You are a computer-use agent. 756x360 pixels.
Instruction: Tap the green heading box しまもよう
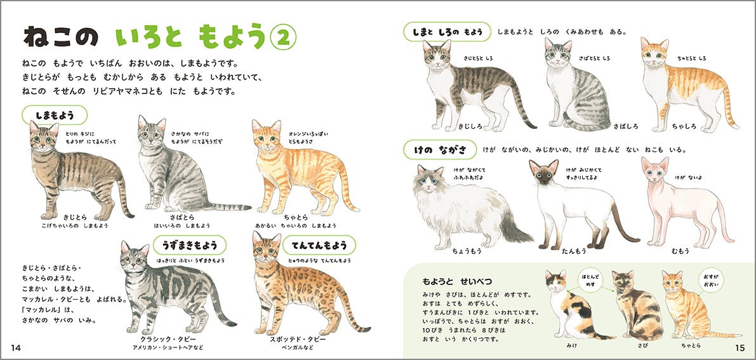[55, 116]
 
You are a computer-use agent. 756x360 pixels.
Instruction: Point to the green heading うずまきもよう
[190, 245]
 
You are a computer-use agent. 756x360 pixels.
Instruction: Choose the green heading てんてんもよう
[319, 245]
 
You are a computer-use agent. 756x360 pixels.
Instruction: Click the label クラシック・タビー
[167, 339]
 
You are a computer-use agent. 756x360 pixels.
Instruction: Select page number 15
[740, 348]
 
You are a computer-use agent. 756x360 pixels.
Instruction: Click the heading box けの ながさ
[440, 150]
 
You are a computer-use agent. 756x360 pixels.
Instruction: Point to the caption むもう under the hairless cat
[680, 251]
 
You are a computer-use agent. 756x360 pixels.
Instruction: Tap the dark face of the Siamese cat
[544, 177]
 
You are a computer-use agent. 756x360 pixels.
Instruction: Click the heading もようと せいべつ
[456, 281]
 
